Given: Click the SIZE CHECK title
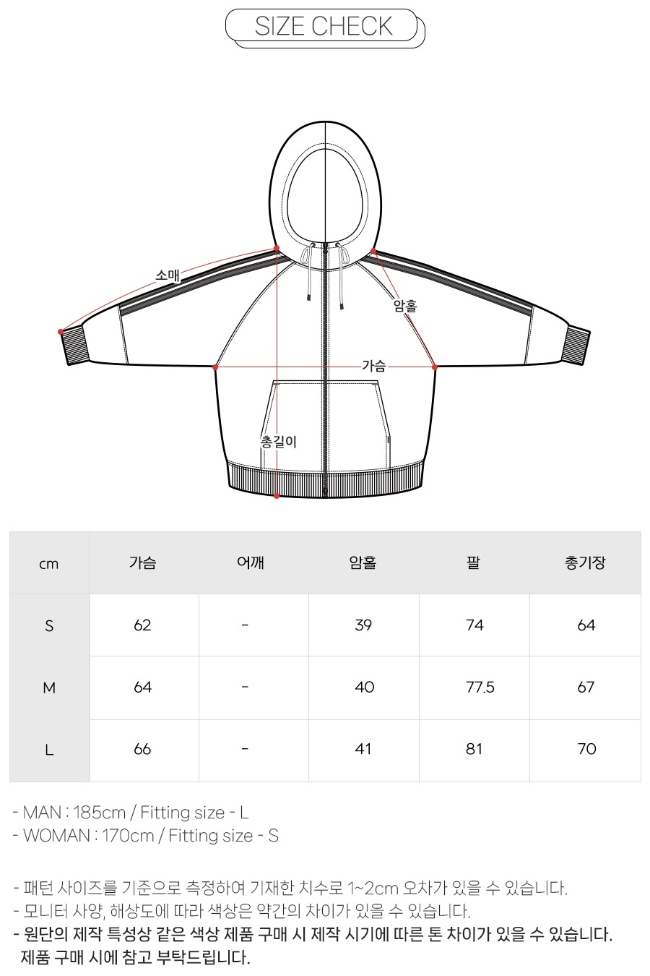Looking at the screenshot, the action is point(324,26).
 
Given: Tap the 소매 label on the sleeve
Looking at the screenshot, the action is point(168,275).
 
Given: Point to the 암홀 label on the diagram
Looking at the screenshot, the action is point(405,305).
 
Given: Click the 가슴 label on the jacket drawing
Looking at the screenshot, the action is point(374,366).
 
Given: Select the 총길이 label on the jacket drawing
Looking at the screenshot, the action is point(278,442).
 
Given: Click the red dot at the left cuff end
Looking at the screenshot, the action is point(61,332).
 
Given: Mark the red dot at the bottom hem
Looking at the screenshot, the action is point(277,496).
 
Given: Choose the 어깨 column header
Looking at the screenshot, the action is point(251,562).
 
